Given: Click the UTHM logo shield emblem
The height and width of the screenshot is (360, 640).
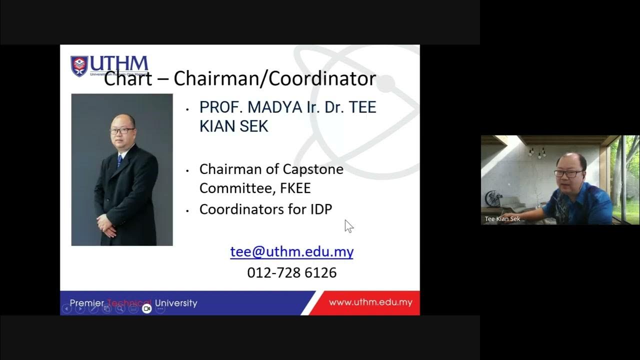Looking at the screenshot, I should tap(79, 65).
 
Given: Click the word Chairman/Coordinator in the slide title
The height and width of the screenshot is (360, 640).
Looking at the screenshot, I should tap(274, 78).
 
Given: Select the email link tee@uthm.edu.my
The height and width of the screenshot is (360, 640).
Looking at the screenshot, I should tap(291, 251).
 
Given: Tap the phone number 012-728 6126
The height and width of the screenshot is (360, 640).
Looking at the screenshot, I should tap(292, 272).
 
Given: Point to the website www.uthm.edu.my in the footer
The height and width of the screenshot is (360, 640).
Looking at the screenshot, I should tap(370, 302).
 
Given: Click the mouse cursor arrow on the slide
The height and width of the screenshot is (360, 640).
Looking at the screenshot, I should tap(348, 226).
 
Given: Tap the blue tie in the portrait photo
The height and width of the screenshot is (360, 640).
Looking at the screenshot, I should tap(119, 160).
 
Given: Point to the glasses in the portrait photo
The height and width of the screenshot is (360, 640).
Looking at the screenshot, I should tap(122, 130).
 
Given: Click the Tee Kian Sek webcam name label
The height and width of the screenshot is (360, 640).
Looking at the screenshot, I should tap(502, 219).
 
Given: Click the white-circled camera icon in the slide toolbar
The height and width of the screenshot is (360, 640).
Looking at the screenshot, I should tap(146, 309).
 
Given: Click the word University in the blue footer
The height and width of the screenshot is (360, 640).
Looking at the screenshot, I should tap(176, 303).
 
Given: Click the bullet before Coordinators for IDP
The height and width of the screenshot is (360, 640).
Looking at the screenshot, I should tap(187, 210).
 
